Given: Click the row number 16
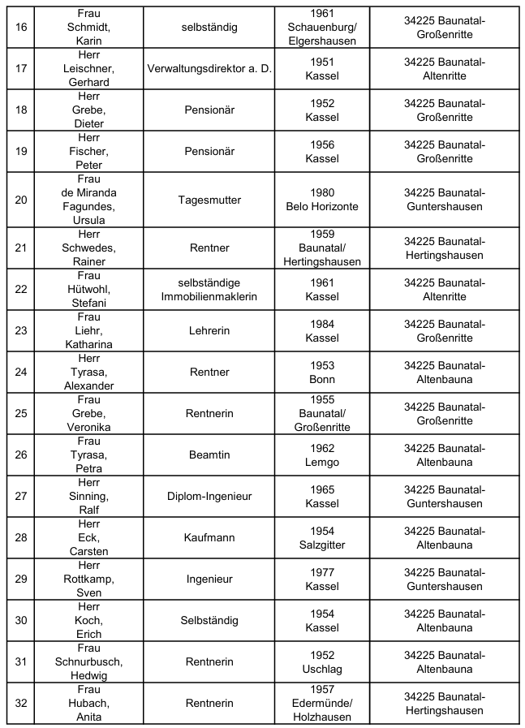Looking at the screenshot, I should (21, 27).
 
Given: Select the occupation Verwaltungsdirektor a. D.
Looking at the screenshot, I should (209, 69).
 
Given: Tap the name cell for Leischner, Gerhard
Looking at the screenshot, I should (89, 69).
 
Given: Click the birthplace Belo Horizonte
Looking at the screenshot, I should (322, 206).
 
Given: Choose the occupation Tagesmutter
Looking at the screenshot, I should (209, 200).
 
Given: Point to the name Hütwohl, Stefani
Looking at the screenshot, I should (89, 290).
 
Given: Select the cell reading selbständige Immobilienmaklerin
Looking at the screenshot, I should (209, 290).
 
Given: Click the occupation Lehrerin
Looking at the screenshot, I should (209, 331).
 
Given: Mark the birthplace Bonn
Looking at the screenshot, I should (322, 379).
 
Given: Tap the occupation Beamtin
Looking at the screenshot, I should (209, 455).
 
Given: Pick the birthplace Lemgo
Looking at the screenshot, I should (322, 462).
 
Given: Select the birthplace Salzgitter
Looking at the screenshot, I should (322, 545).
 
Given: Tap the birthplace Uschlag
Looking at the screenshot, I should (322, 669).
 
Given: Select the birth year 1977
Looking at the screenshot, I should (322, 572).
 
